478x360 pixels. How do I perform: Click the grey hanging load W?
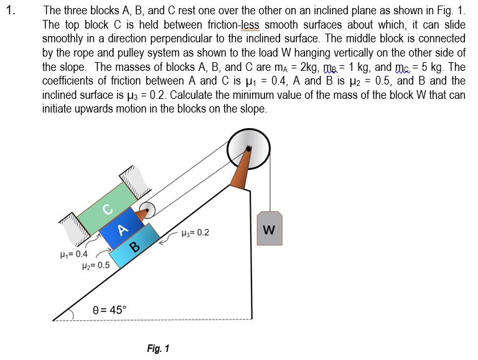(269, 231)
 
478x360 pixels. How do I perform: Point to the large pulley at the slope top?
(248, 149)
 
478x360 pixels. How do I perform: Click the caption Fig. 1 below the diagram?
(158, 348)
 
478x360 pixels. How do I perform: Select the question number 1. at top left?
(9, 11)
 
